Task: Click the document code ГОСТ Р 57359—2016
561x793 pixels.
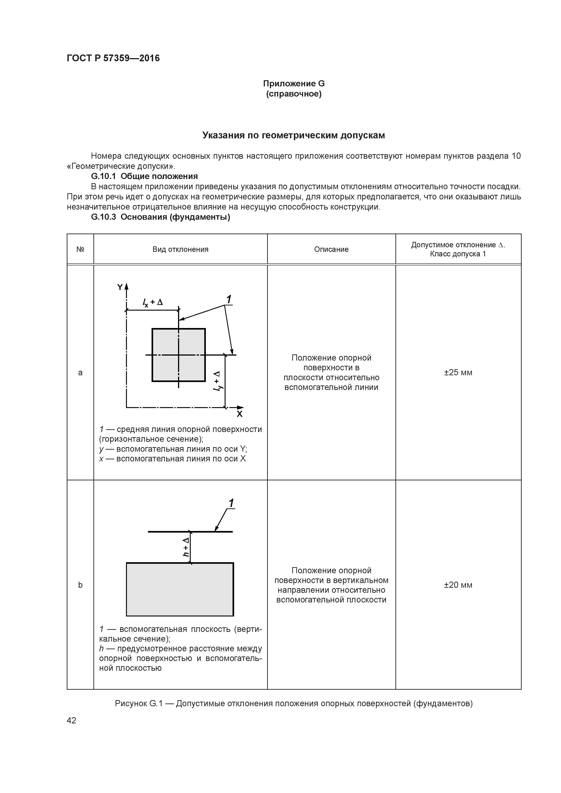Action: point(113,58)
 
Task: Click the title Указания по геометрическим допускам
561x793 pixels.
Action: point(293,135)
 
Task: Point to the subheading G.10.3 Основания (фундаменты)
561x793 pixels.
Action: point(160,217)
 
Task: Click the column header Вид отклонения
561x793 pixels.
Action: point(181,249)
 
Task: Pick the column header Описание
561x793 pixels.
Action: point(331,249)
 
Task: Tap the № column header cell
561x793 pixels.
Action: point(80,249)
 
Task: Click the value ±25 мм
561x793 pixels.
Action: point(458,372)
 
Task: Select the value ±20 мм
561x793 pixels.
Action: point(458,585)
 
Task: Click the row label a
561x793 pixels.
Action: point(80,372)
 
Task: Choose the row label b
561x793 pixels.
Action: point(80,585)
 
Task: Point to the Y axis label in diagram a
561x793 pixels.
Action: point(120,287)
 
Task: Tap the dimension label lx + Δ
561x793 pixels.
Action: point(152,302)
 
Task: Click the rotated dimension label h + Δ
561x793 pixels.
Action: point(186,547)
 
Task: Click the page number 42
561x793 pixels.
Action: point(71,720)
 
